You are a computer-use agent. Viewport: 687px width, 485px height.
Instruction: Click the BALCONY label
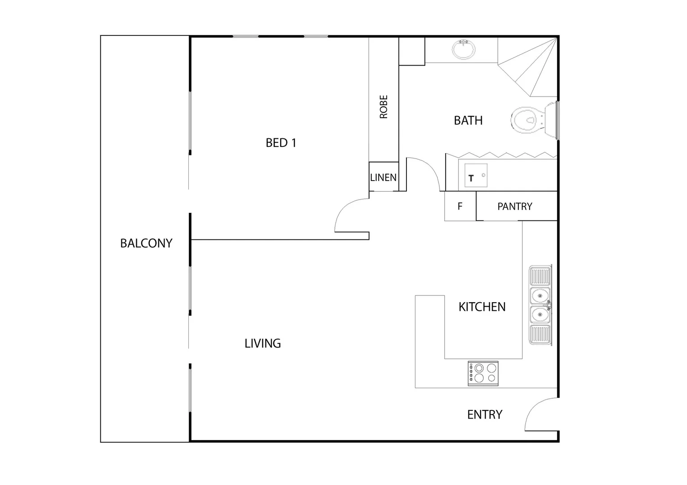146,243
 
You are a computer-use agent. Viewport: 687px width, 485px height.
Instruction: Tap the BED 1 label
281,143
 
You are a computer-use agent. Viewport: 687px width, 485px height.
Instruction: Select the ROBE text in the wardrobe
384,107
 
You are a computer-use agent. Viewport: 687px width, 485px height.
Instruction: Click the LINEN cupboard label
384,177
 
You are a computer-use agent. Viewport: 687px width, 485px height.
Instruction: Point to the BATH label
468,120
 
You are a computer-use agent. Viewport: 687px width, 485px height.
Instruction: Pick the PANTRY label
514,207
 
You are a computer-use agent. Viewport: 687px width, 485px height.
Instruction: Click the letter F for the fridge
460,207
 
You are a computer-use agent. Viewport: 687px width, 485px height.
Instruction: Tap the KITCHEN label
482,307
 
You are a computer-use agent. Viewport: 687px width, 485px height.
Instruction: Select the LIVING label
263,344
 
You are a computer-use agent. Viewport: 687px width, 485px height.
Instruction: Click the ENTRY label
485,415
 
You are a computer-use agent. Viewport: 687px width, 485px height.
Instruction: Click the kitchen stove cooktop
483,373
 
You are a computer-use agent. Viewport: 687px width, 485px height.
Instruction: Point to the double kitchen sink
540,305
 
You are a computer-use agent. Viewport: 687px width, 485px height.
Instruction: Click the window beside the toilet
558,120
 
